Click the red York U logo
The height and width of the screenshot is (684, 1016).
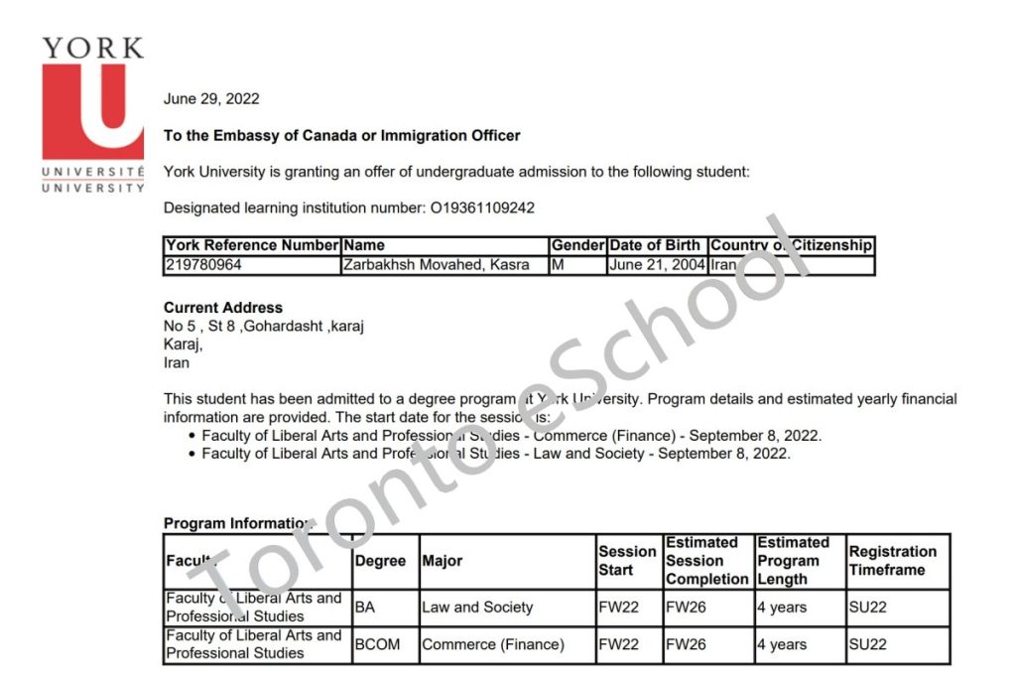tap(92, 111)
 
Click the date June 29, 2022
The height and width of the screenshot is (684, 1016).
tap(211, 99)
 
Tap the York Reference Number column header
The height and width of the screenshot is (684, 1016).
tap(252, 245)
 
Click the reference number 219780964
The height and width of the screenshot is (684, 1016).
tap(203, 265)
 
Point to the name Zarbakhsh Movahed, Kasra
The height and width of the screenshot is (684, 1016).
tap(436, 265)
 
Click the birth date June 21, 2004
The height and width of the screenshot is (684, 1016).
tap(656, 265)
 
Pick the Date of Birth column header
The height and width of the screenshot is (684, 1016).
tap(656, 245)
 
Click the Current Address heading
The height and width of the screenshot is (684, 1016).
tap(223, 308)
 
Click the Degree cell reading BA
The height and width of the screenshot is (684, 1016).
tap(365, 608)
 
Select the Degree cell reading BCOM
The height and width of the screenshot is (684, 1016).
tap(378, 644)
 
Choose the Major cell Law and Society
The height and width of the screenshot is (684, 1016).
tap(477, 608)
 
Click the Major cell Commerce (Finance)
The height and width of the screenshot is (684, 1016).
tap(493, 644)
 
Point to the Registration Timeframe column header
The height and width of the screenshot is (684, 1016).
tap(893, 561)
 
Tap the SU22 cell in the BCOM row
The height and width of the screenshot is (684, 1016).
tap(868, 644)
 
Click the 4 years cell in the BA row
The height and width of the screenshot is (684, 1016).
tap(782, 608)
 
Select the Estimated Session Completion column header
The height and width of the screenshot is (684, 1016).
tap(707, 561)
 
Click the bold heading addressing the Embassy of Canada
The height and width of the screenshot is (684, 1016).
tap(342, 136)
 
